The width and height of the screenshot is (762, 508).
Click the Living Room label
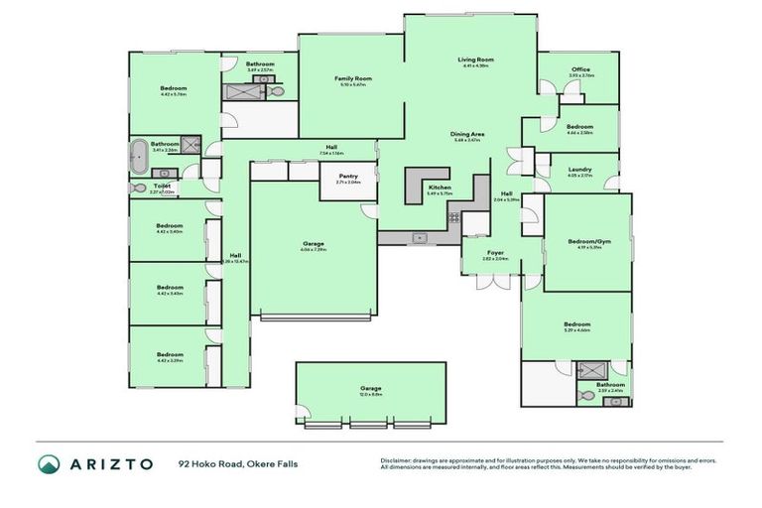point(475,60)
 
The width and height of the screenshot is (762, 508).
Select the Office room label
point(580,68)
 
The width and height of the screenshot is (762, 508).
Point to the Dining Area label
point(467,134)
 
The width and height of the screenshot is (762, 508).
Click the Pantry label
point(347,177)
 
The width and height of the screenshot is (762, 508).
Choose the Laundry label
point(580,169)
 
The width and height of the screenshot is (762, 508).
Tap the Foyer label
point(494,252)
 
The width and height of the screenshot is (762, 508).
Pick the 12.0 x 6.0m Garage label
point(370,388)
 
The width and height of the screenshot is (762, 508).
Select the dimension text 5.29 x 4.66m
point(576,330)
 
